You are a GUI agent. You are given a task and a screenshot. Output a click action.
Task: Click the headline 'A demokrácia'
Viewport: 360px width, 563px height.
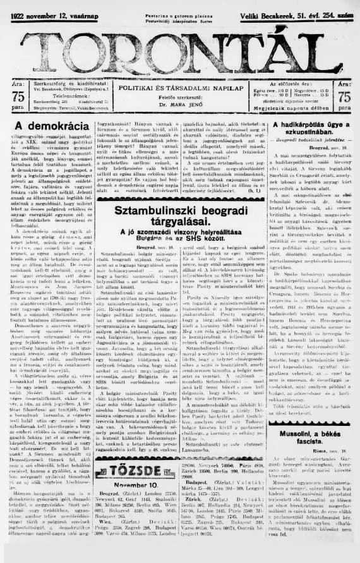[x=47, y=126]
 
